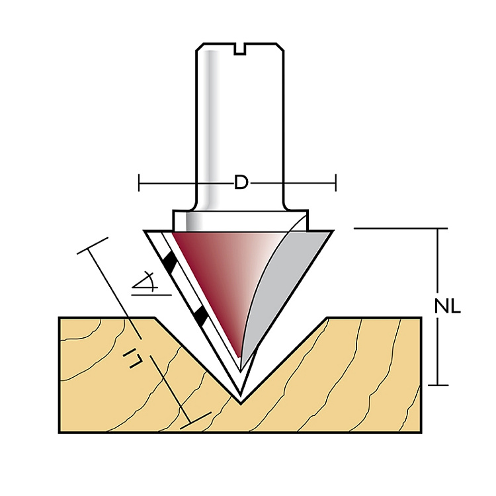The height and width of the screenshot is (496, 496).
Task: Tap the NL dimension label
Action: click(x=448, y=307)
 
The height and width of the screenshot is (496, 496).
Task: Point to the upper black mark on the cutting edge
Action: click(x=170, y=262)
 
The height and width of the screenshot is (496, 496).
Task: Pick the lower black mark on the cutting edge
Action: click(x=201, y=315)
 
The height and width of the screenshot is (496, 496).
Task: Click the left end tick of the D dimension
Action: click(x=140, y=183)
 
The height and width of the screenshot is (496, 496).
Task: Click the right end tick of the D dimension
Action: click(x=337, y=183)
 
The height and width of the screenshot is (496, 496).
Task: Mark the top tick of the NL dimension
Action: click(x=438, y=229)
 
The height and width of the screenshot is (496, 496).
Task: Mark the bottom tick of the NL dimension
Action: click(x=438, y=385)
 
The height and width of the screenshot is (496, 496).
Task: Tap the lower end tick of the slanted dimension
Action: click(x=199, y=418)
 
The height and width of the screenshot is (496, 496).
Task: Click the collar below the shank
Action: click(x=241, y=219)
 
